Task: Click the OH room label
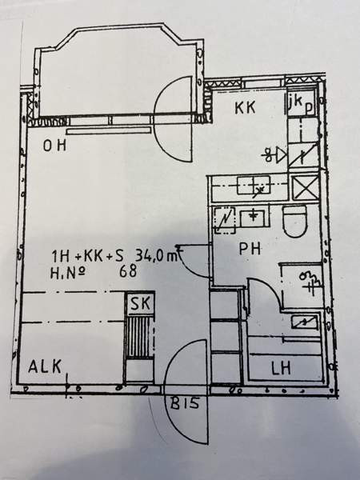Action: [54, 146]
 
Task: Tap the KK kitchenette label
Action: [245, 108]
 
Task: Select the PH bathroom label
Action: [250, 249]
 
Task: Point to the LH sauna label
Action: [281, 368]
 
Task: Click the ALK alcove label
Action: [45, 366]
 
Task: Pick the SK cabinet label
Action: [140, 303]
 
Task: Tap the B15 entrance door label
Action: [185, 404]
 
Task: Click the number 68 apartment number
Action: [128, 271]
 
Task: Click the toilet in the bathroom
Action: [294, 221]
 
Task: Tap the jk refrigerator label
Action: [296, 102]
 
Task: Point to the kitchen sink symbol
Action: [254, 185]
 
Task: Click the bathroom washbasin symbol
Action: [252, 218]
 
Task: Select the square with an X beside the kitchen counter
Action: [305, 187]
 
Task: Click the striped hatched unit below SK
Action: [140, 337]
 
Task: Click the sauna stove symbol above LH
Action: [304, 322]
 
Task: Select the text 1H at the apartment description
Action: [61, 256]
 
